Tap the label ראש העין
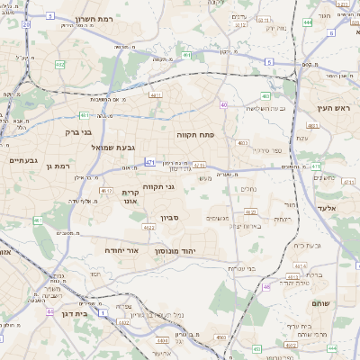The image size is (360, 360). [x=330, y=108]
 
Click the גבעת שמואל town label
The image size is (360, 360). [x=113, y=147]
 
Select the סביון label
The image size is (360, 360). [x=170, y=218]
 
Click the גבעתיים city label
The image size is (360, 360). [x=22, y=160]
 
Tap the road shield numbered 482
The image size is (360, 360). [x=59, y=64]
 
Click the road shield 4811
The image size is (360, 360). [x=156, y=94]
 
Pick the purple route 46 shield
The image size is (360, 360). [x=266, y=286]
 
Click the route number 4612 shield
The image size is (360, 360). [x=106, y=190]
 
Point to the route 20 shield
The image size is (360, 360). [x=26, y=24]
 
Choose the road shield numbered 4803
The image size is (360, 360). [x=243, y=142]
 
